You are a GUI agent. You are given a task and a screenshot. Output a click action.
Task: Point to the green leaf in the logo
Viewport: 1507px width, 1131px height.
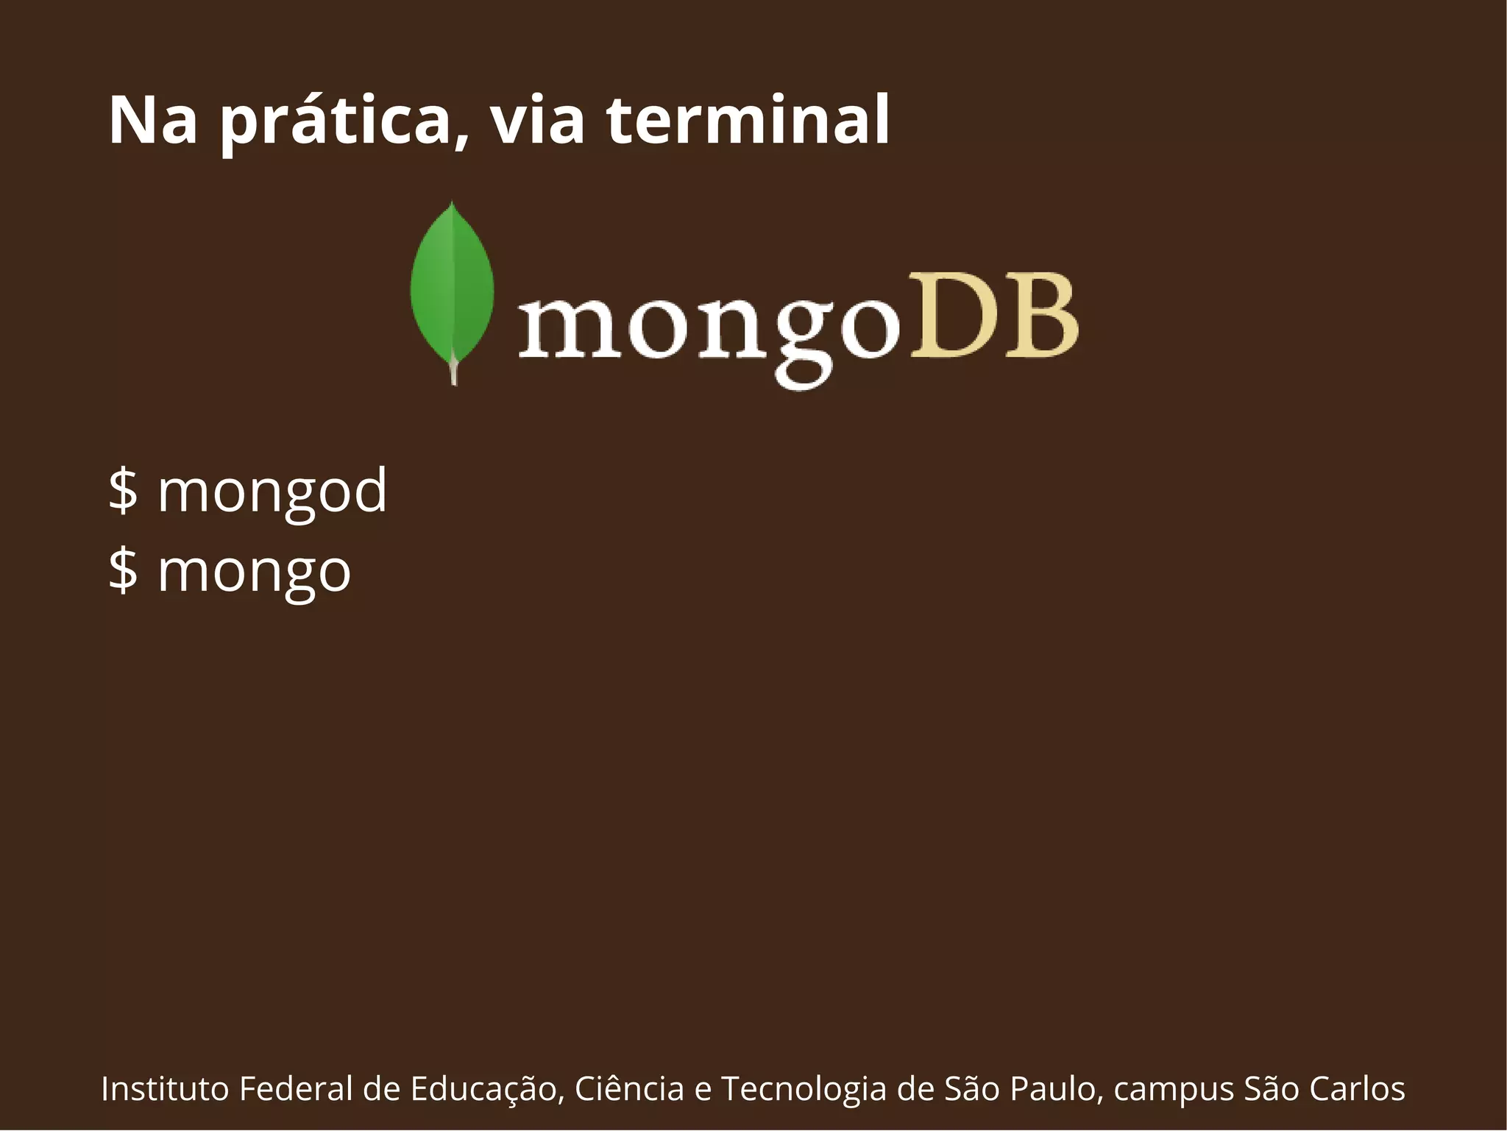(452, 287)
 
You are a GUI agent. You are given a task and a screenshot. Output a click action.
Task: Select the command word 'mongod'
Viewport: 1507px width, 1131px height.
(272, 492)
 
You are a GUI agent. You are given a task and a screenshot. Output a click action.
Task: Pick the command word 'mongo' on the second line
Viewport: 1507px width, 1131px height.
(254, 572)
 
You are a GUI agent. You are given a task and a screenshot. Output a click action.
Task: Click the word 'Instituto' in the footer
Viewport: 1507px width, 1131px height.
(165, 1089)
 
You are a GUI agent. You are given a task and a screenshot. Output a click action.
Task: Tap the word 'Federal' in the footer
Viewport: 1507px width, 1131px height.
(296, 1089)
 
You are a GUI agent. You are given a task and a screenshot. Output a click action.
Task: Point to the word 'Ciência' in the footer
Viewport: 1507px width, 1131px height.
(629, 1089)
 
